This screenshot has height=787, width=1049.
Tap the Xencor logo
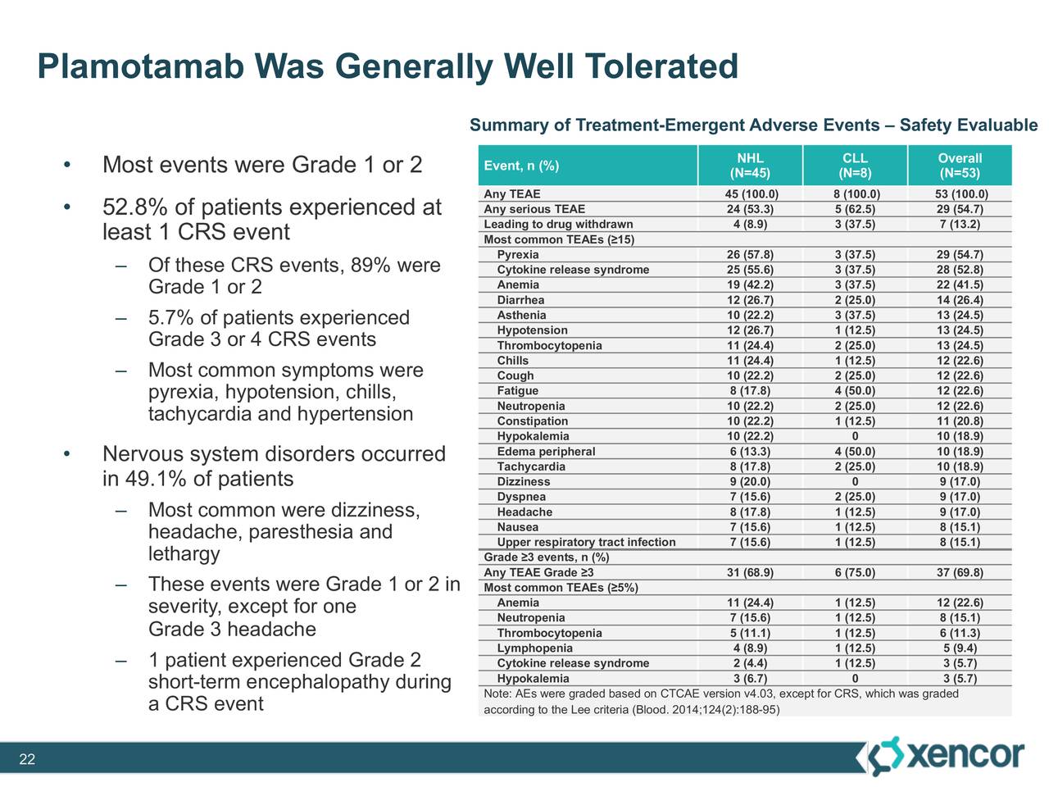click(946, 755)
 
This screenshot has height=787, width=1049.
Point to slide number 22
click(27, 760)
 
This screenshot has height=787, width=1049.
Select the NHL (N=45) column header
click(750, 166)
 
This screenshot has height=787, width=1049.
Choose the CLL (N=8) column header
click(855, 166)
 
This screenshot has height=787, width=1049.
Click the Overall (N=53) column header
click(960, 166)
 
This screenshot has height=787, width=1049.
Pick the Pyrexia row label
click(518, 255)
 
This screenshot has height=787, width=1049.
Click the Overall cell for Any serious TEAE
click(960, 209)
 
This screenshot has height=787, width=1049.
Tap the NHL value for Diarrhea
click(750, 300)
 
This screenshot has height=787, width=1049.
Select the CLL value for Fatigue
click(855, 391)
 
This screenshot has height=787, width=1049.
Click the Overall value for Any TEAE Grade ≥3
click(960, 573)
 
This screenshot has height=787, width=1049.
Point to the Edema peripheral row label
click(546, 452)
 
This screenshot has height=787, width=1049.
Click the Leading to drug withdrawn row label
click(558, 225)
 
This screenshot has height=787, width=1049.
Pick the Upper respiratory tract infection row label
click(586, 543)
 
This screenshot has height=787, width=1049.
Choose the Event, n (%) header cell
click(521, 166)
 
